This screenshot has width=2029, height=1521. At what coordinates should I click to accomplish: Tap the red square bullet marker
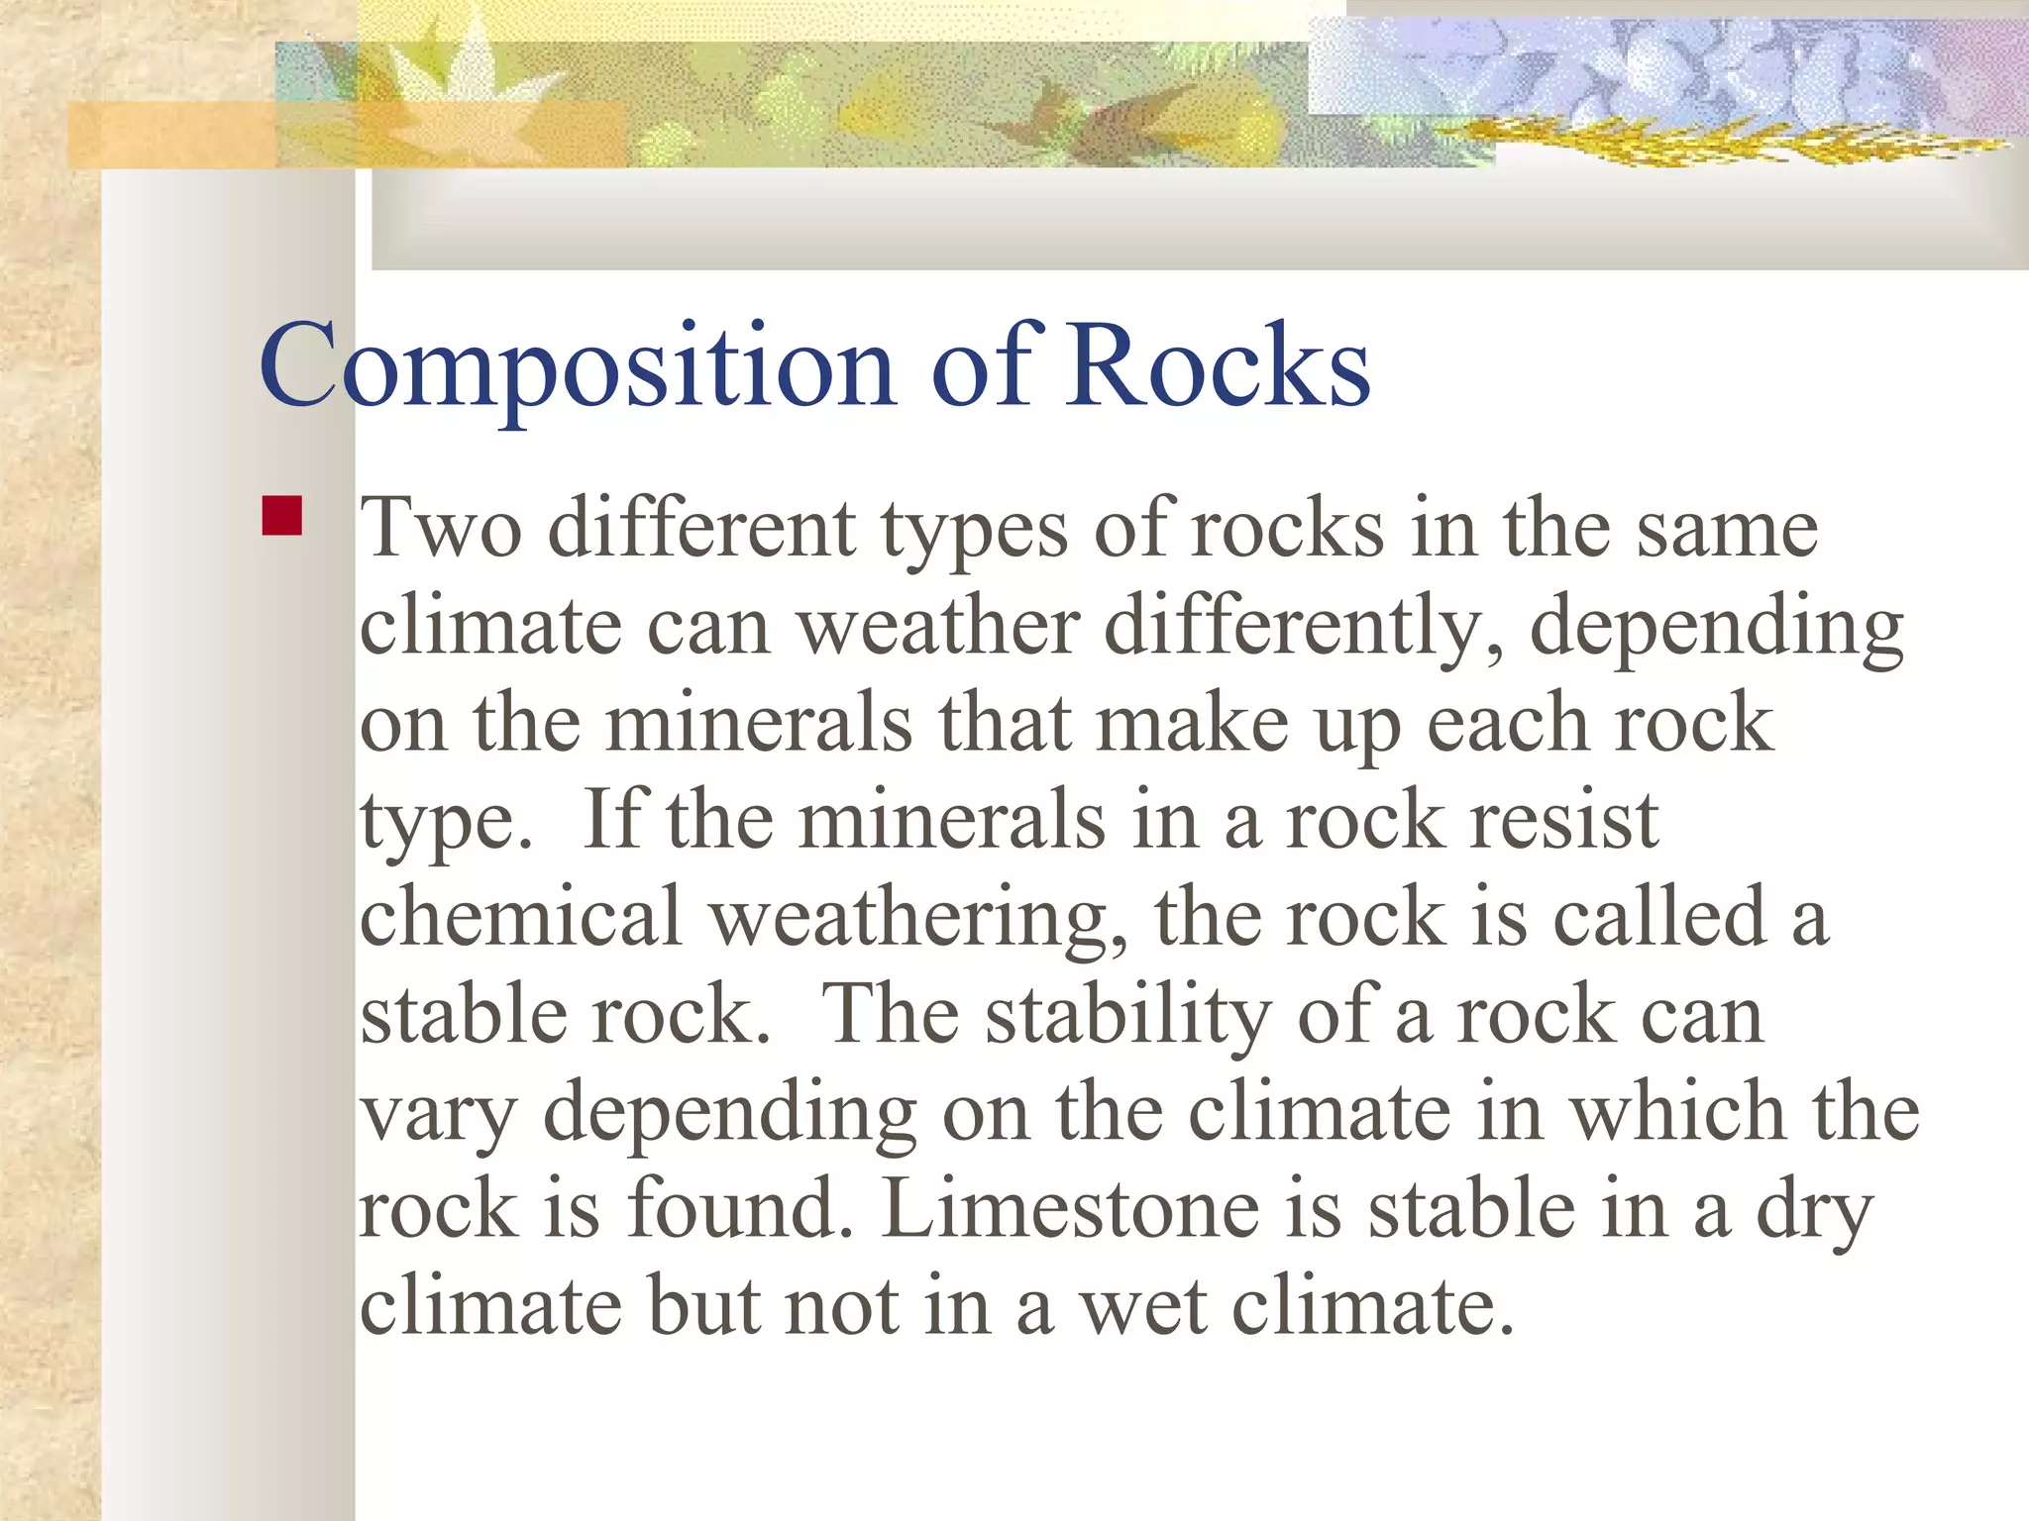[282, 516]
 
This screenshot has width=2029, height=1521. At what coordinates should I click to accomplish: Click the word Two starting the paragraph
[440, 529]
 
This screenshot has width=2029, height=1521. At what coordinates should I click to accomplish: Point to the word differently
[1303, 628]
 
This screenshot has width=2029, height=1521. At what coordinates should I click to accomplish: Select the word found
[739, 1209]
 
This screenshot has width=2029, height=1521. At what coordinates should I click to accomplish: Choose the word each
[1506, 724]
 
